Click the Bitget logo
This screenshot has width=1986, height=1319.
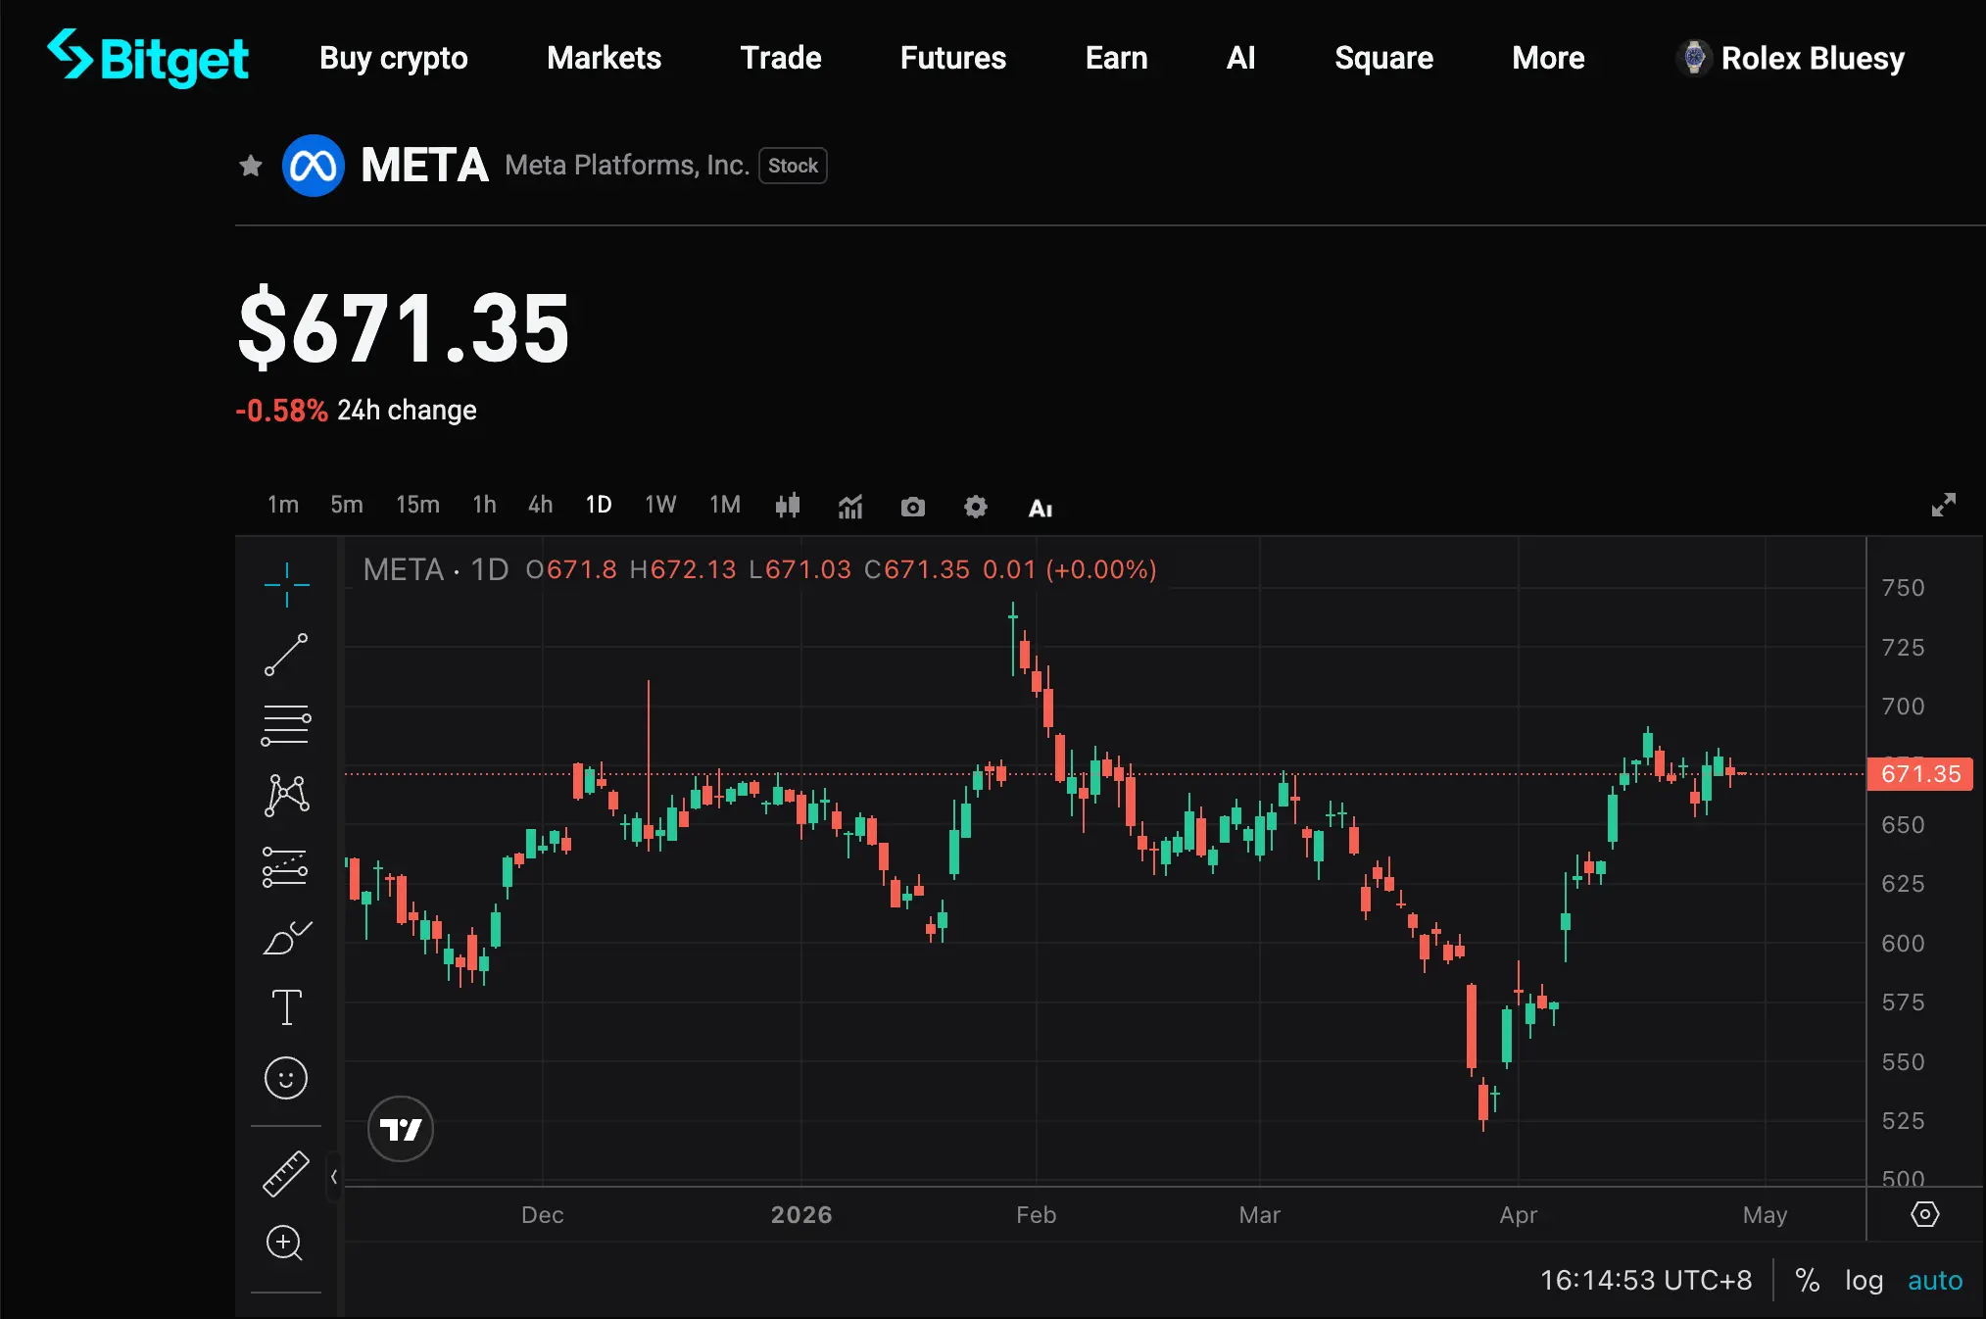pyautogui.click(x=148, y=58)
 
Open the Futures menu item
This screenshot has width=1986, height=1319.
pyautogui.click(x=952, y=58)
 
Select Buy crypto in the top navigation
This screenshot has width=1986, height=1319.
pyautogui.click(x=393, y=58)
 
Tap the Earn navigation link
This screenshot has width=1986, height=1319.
pyautogui.click(x=1116, y=58)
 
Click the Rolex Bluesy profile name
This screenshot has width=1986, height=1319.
pyautogui.click(x=1812, y=58)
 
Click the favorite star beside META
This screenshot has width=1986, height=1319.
pyautogui.click(x=251, y=166)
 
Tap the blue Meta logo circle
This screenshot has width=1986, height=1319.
pyautogui.click(x=314, y=166)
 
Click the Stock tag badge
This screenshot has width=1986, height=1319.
pyautogui.click(x=793, y=166)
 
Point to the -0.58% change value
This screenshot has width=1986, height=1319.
pyautogui.click(x=281, y=411)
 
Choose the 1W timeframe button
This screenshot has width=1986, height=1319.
pyautogui.click(x=660, y=505)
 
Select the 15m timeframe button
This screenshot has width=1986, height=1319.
pyautogui.click(x=417, y=505)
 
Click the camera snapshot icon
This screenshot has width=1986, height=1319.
pyautogui.click(x=912, y=507)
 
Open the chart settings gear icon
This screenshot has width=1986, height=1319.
pyautogui.click(x=975, y=507)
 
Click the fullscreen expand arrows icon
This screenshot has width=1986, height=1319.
pyautogui.click(x=1943, y=505)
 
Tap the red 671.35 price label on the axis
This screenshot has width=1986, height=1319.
pyautogui.click(x=1919, y=774)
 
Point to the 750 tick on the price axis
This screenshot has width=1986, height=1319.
pyautogui.click(x=1903, y=588)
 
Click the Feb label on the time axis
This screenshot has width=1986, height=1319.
pyautogui.click(x=1036, y=1215)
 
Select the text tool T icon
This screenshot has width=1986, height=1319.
pyautogui.click(x=286, y=1006)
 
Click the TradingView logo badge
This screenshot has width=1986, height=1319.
pyautogui.click(x=400, y=1129)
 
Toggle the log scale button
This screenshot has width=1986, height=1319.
pyautogui.click(x=1864, y=1281)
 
